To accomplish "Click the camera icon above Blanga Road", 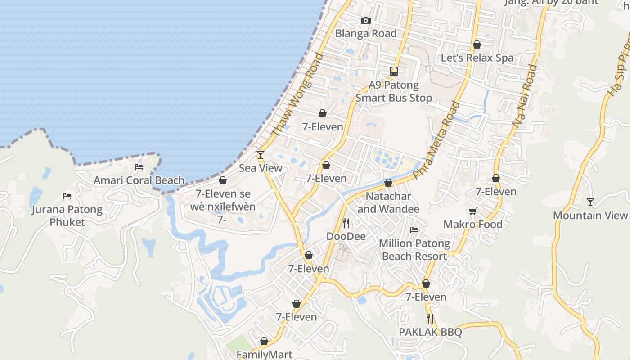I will [366, 20].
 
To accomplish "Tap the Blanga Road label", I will [366, 33].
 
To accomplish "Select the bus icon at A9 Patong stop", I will [394, 71].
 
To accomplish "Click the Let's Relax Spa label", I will [477, 58].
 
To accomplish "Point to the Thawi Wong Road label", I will [298, 94].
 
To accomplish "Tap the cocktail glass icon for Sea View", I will [260, 155].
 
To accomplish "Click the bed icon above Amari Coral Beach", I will [139, 167].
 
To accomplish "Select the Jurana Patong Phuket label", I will [67, 216].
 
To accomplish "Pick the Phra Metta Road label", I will [436, 140].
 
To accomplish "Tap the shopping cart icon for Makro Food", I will [472, 211].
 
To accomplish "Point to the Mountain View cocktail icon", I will [590, 202].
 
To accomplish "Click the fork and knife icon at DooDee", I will [346, 223].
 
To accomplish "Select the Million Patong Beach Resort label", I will [414, 250].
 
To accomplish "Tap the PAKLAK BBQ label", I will [430, 332].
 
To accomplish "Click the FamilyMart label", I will [264, 355].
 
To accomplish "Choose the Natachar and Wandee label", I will [388, 202].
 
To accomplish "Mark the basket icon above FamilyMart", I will [264, 342].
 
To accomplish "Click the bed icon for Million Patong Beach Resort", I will [414, 230].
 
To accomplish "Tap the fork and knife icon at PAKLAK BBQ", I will [430, 319].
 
